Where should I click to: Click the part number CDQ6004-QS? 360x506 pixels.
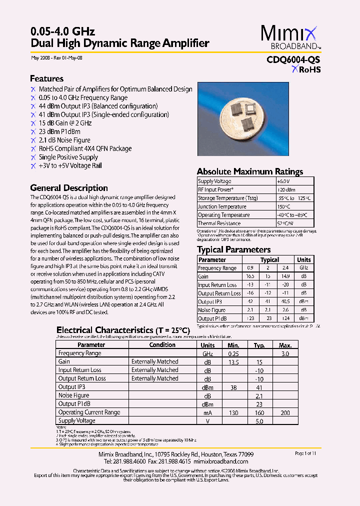[x=293, y=59]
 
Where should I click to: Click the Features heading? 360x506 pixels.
[x=46, y=78]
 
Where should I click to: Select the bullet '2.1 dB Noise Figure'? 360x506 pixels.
[x=64, y=140]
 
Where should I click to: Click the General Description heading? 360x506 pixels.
[x=69, y=188]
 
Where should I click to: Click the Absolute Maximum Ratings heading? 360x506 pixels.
[x=249, y=171]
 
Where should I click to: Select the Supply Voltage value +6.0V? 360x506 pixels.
[x=283, y=181]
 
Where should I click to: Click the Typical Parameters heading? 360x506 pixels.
[x=233, y=249]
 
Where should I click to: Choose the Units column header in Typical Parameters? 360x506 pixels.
[x=303, y=260]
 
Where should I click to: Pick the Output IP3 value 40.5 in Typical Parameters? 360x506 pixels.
[x=285, y=301]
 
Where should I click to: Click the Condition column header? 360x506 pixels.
[x=162, y=345]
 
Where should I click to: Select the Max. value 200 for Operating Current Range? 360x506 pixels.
[x=285, y=412]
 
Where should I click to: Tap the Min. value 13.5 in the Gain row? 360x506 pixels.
[x=233, y=361]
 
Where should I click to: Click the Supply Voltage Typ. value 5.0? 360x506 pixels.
[x=259, y=421]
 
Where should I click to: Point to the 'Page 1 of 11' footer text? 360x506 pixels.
[x=306, y=453]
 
